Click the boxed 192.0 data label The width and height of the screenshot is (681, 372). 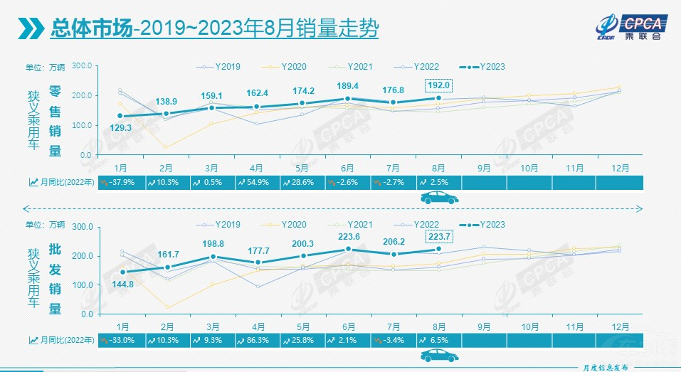[438, 85]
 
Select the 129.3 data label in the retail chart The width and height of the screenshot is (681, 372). [120, 127]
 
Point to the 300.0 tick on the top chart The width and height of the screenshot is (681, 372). [83, 65]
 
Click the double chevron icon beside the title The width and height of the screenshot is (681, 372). [31, 29]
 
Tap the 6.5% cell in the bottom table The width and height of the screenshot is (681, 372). [438, 341]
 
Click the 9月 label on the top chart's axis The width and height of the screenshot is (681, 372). [484, 168]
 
